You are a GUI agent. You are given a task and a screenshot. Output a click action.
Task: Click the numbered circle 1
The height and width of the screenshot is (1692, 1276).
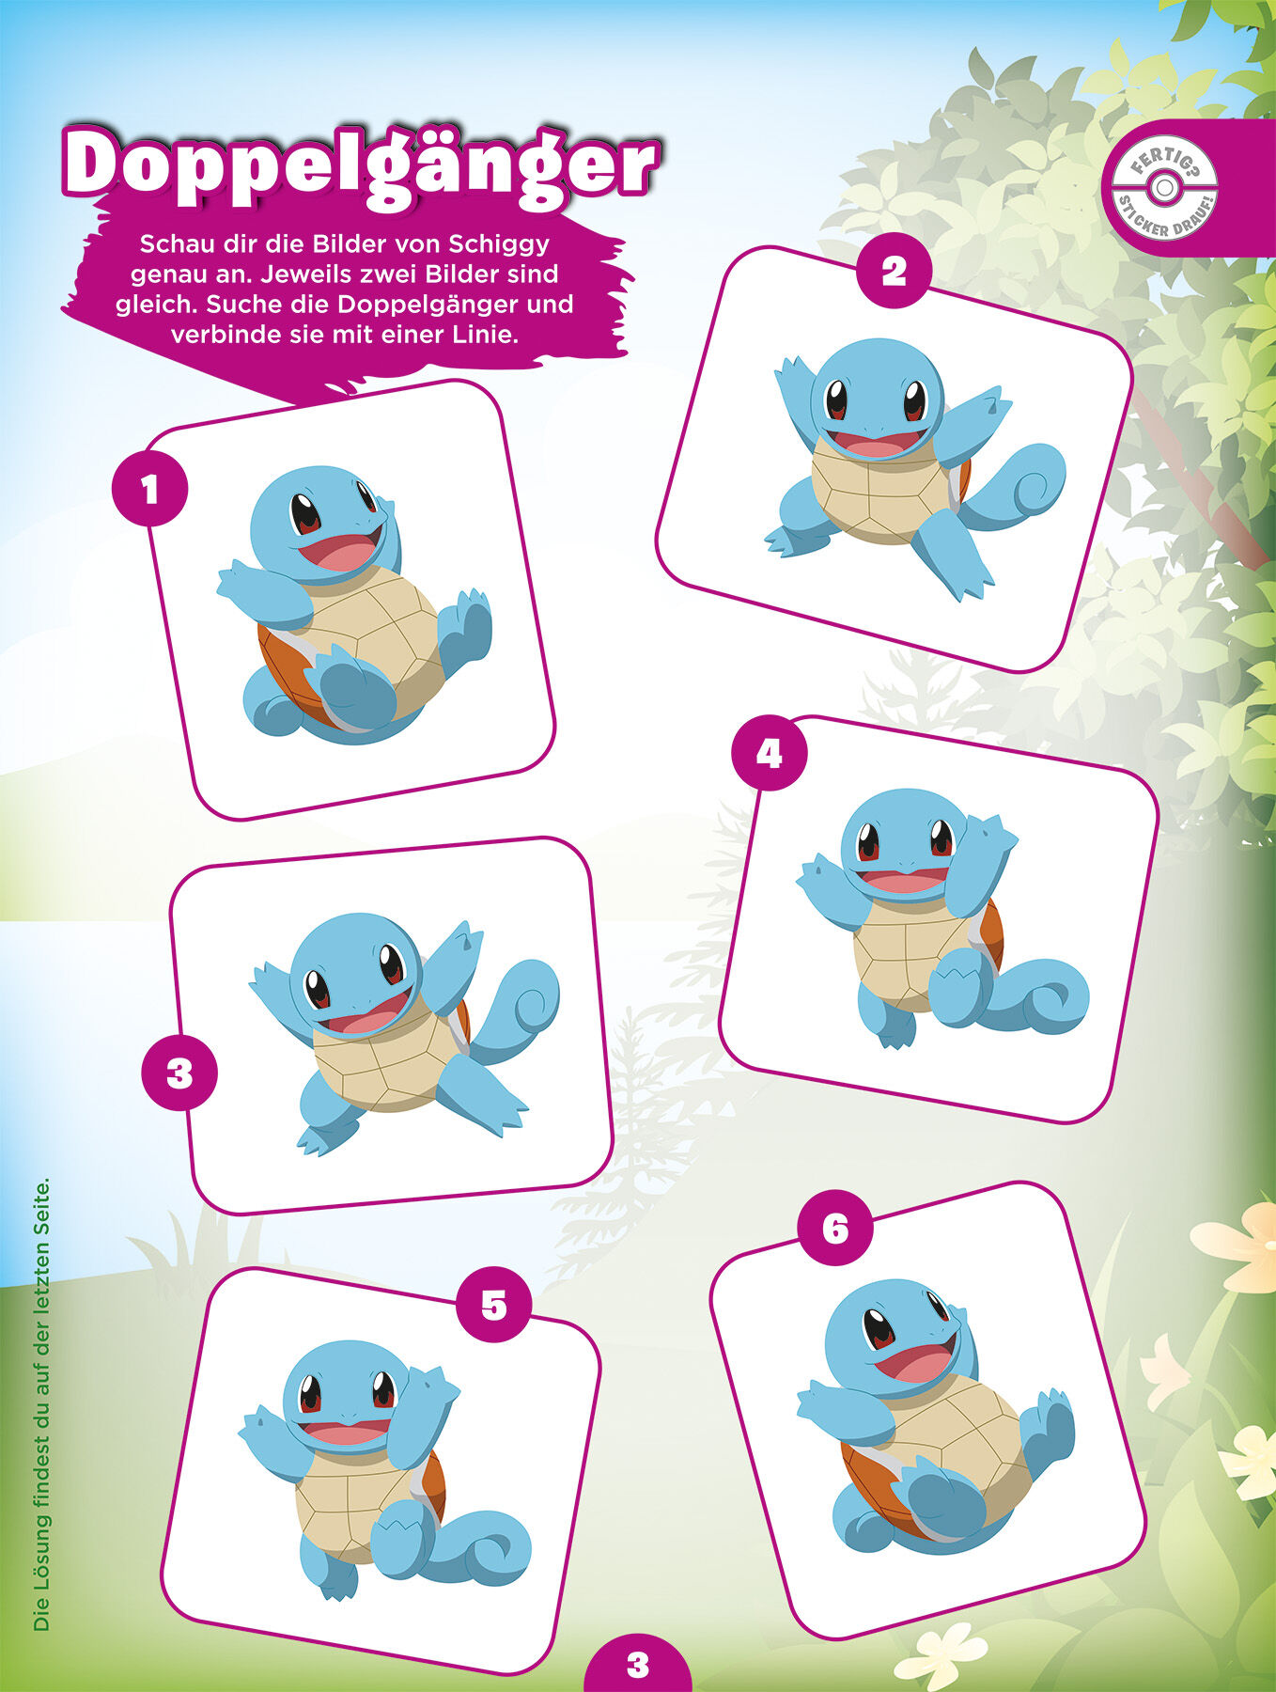(149, 489)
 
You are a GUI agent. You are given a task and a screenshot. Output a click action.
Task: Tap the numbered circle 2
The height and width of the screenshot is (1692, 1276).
(894, 271)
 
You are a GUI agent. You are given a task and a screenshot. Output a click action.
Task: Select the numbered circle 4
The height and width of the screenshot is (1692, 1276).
(770, 754)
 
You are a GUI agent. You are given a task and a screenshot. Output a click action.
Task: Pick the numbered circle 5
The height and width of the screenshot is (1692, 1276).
(493, 1305)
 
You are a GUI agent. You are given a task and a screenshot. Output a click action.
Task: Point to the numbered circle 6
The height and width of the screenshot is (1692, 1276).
(835, 1229)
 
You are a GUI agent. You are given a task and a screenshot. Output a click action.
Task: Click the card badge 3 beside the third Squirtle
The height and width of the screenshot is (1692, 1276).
(179, 1073)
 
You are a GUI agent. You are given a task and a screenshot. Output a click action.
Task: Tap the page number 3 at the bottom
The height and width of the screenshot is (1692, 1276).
(638, 1665)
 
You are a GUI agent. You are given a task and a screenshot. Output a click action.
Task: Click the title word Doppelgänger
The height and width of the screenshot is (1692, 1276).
(361, 165)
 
